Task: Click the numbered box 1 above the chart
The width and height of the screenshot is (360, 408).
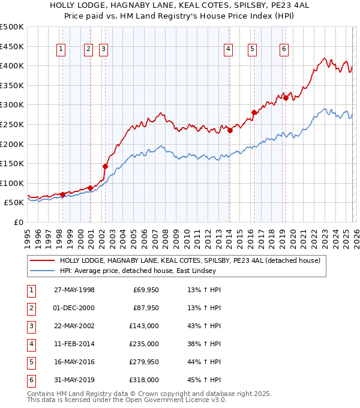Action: (62, 50)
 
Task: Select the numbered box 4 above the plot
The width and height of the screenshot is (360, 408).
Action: (229, 50)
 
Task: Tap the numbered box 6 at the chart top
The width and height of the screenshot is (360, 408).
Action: (284, 50)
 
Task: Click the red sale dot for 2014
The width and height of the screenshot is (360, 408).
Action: (230, 131)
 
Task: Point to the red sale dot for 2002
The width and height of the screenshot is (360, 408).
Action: (105, 166)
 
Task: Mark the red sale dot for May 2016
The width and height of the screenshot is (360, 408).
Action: (254, 112)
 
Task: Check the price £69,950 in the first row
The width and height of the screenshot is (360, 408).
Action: (144, 290)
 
